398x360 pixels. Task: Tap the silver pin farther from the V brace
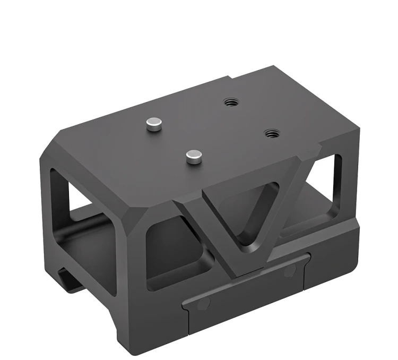point(154,124)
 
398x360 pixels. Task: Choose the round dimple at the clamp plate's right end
point(289,272)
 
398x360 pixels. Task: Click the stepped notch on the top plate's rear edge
point(233,78)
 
